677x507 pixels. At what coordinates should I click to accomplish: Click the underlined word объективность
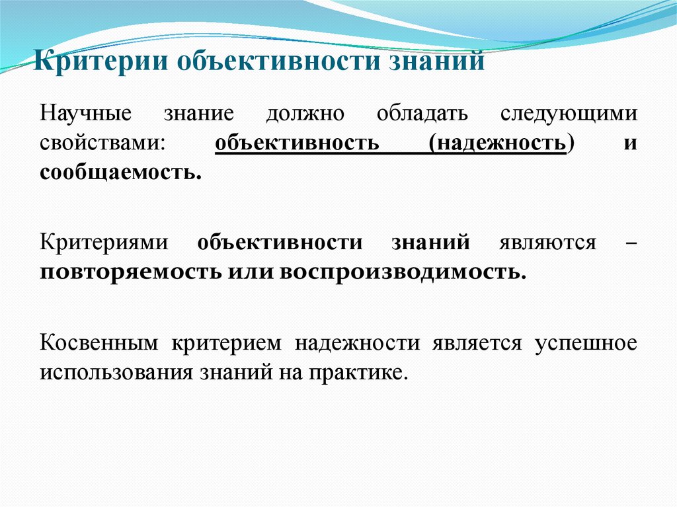click(296, 143)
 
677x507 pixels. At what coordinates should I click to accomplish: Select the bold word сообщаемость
click(120, 173)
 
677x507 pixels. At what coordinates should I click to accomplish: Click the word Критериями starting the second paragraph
click(102, 242)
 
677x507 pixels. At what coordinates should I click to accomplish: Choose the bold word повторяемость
click(130, 272)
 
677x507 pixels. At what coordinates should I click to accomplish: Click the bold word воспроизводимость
click(393, 272)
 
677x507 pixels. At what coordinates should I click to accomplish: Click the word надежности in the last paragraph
click(358, 342)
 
